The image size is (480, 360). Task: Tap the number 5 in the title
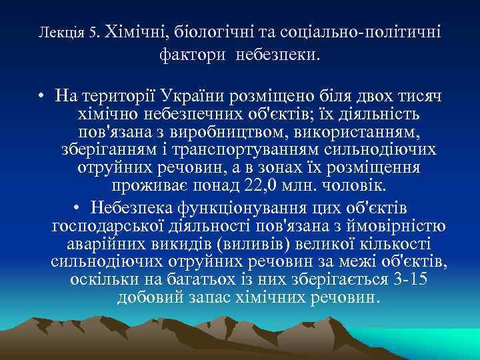(95, 31)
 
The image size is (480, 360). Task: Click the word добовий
(147, 296)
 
